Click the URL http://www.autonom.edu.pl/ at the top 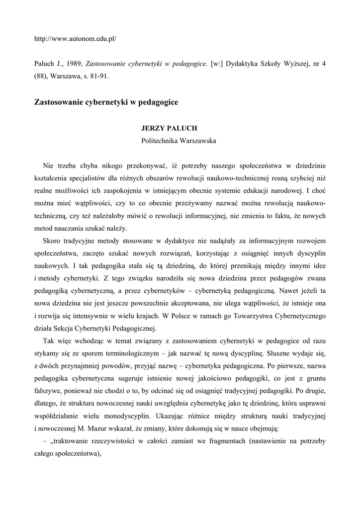(x=75, y=38)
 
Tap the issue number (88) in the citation (x=41, y=77)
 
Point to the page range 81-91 (x=97, y=77)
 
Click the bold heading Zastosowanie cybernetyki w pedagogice (x=106, y=102)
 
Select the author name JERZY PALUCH (x=169, y=128)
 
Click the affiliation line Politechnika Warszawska (x=179, y=141)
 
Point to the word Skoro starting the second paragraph (x=52, y=242)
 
